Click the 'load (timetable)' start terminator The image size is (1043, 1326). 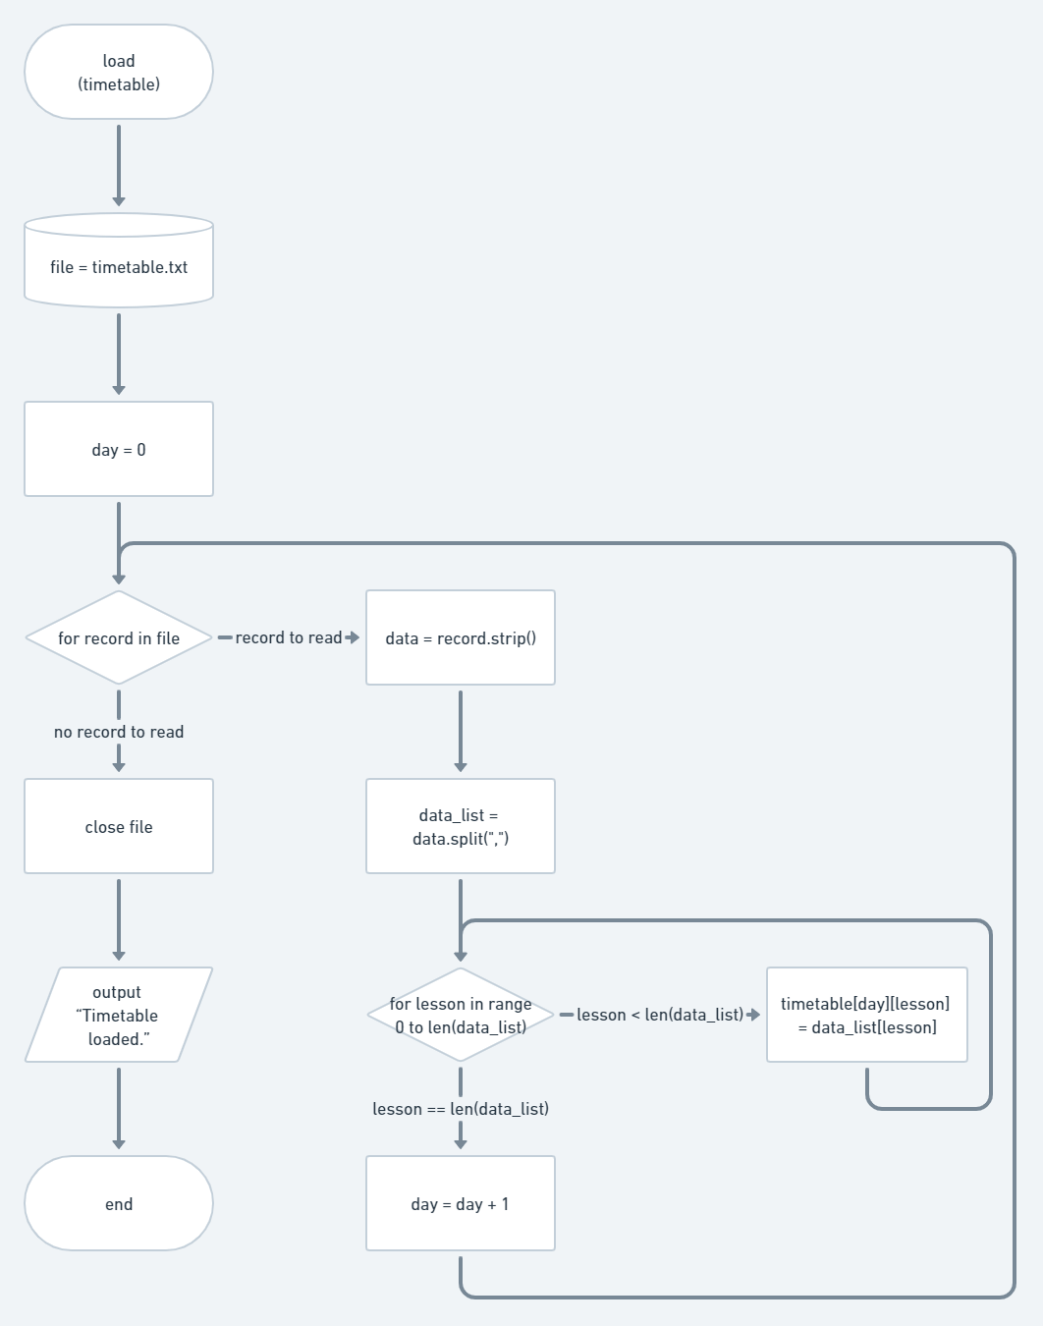click(119, 72)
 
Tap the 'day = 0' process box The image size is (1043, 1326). click(119, 449)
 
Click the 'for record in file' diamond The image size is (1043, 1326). click(119, 637)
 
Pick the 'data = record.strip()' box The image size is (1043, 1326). click(460, 637)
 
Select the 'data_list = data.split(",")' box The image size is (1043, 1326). click(460, 826)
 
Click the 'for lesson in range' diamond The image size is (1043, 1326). click(460, 1015)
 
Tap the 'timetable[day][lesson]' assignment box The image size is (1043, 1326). click(866, 1015)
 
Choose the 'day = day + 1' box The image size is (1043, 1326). click(460, 1203)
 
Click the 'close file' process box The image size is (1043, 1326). click(119, 826)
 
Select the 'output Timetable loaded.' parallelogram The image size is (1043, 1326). click(119, 1015)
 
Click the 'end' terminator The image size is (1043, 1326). click(119, 1203)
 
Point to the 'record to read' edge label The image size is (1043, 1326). click(289, 637)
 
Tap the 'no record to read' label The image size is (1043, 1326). click(119, 732)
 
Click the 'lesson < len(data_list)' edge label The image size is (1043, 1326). click(659, 1015)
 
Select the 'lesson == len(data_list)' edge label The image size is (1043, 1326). click(460, 1109)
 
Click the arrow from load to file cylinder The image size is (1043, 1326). click(119, 165)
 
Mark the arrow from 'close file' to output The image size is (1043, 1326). click(119, 919)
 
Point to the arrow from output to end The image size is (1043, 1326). click(119, 1108)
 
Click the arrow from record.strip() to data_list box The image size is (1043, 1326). click(460, 731)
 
